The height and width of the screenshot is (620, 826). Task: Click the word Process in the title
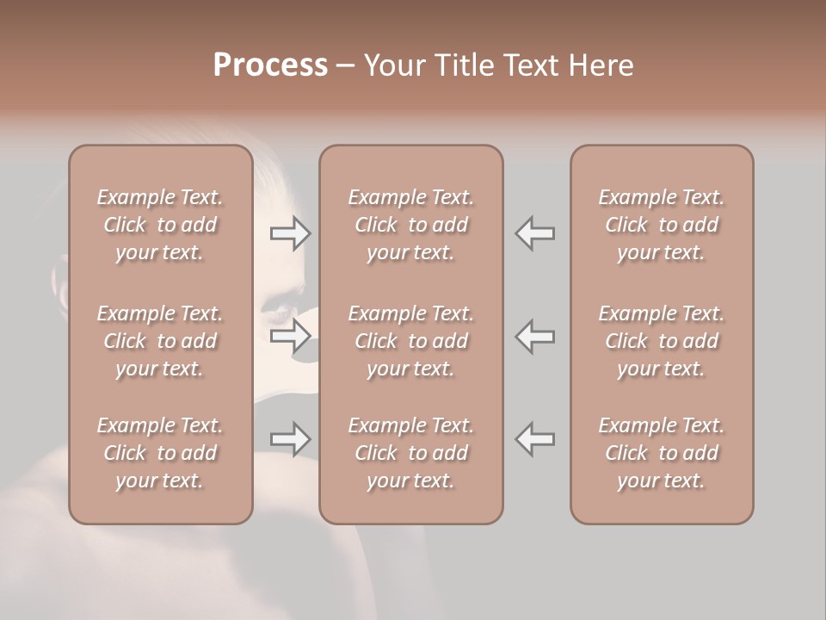270,65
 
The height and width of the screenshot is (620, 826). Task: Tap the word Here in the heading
601,65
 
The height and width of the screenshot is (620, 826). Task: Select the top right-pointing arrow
291,233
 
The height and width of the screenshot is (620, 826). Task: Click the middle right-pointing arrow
291,336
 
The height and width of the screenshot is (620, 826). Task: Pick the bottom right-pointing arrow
291,439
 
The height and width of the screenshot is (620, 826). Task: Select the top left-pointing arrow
535,233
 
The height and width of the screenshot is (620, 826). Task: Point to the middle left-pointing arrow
535,336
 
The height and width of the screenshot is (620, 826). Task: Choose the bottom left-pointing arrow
535,439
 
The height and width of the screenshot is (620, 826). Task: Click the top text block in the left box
160,225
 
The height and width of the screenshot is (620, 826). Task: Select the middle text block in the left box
160,341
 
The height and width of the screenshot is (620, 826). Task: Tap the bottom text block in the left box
160,453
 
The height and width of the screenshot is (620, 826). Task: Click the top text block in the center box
410,225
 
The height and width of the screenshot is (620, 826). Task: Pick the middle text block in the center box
410,341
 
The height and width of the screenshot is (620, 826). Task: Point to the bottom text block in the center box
410,453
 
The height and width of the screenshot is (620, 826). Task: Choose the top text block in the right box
661,225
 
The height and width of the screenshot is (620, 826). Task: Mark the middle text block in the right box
661,341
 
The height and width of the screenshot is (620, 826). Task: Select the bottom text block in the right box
661,453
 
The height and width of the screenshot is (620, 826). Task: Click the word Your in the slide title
395,65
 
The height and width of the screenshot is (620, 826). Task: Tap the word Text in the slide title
529,65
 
